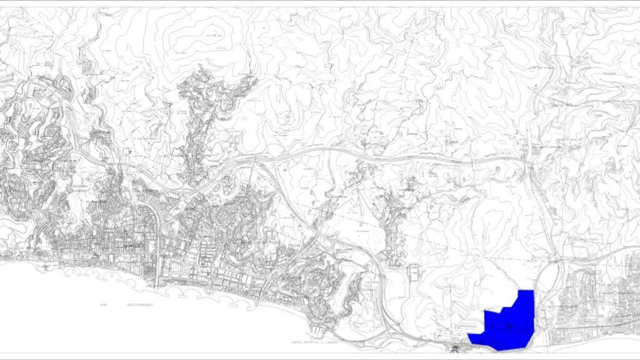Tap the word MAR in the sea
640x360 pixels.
tap(104, 304)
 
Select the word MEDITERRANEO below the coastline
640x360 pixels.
tap(141, 304)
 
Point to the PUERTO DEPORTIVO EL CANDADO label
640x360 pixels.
tap(316, 342)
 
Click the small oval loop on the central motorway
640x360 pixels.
tap(229, 183)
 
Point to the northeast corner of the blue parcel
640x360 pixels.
tap(533, 291)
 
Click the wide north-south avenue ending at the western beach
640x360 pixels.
tap(157, 250)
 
